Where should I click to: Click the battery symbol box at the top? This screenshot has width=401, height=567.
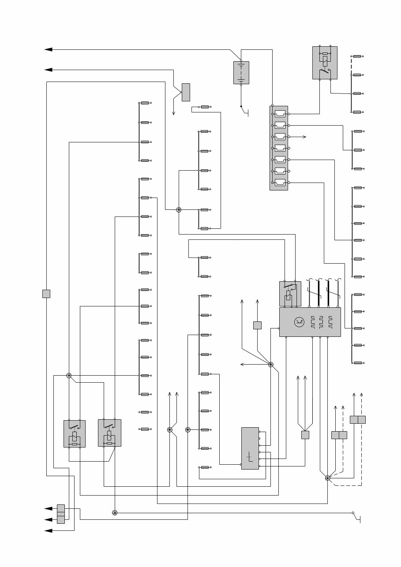click(x=241, y=73)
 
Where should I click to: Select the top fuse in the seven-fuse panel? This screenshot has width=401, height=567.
click(x=280, y=114)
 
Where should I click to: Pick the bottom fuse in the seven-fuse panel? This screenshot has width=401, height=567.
click(x=280, y=183)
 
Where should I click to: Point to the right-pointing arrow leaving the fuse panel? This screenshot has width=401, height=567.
click(x=305, y=137)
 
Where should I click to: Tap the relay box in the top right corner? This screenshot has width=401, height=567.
click(x=325, y=63)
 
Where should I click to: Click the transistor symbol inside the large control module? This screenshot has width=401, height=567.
click(x=299, y=322)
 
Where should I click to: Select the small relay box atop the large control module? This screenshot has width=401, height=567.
click(x=290, y=294)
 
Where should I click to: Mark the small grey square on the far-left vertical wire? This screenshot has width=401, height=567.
click(x=46, y=294)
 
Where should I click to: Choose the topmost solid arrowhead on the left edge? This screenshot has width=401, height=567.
click(x=48, y=49)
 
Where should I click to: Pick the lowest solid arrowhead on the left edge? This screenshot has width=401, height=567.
click(x=48, y=531)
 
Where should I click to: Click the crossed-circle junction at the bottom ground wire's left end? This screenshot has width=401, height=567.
click(x=115, y=513)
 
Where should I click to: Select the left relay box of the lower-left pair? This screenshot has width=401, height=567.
click(x=75, y=434)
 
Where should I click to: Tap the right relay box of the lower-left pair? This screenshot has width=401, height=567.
click(x=109, y=433)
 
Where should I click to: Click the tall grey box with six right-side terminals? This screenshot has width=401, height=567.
click(x=250, y=448)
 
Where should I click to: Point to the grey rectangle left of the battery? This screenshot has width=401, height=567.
click(x=186, y=92)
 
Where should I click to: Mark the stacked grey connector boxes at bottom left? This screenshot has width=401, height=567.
click(x=61, y=514)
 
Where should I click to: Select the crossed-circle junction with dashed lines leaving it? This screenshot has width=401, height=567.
click(x=327, y=478)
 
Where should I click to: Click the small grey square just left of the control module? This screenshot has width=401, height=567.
click(x=258, y=325)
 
